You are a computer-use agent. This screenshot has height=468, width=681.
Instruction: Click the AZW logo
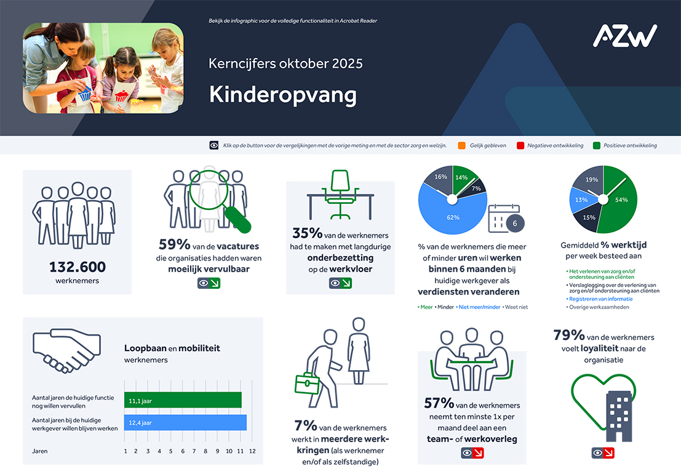pos(624,36)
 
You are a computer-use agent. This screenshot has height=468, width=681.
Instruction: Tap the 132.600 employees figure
pos(78,267)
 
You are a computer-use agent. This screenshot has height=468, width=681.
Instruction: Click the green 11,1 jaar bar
pos(183,400)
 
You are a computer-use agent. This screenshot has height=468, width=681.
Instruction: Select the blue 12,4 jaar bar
pos(185,422)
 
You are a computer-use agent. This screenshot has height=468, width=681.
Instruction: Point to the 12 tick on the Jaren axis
pos(252,451)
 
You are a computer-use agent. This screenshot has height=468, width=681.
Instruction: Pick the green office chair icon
pos(340,193)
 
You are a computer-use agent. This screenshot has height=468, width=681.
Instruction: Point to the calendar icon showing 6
pos(504,219)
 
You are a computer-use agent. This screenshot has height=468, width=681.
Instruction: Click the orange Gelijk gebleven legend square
pos(461,146)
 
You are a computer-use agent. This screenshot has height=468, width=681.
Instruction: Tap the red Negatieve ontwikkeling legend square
pos(520,146)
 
